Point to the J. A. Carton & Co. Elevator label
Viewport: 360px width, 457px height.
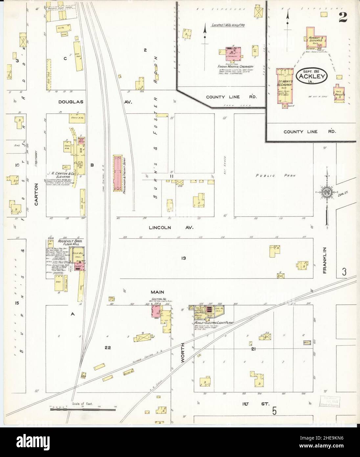(60, 173)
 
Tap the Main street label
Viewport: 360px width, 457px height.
(157, 292)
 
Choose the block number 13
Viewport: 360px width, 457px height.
(183, 258)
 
